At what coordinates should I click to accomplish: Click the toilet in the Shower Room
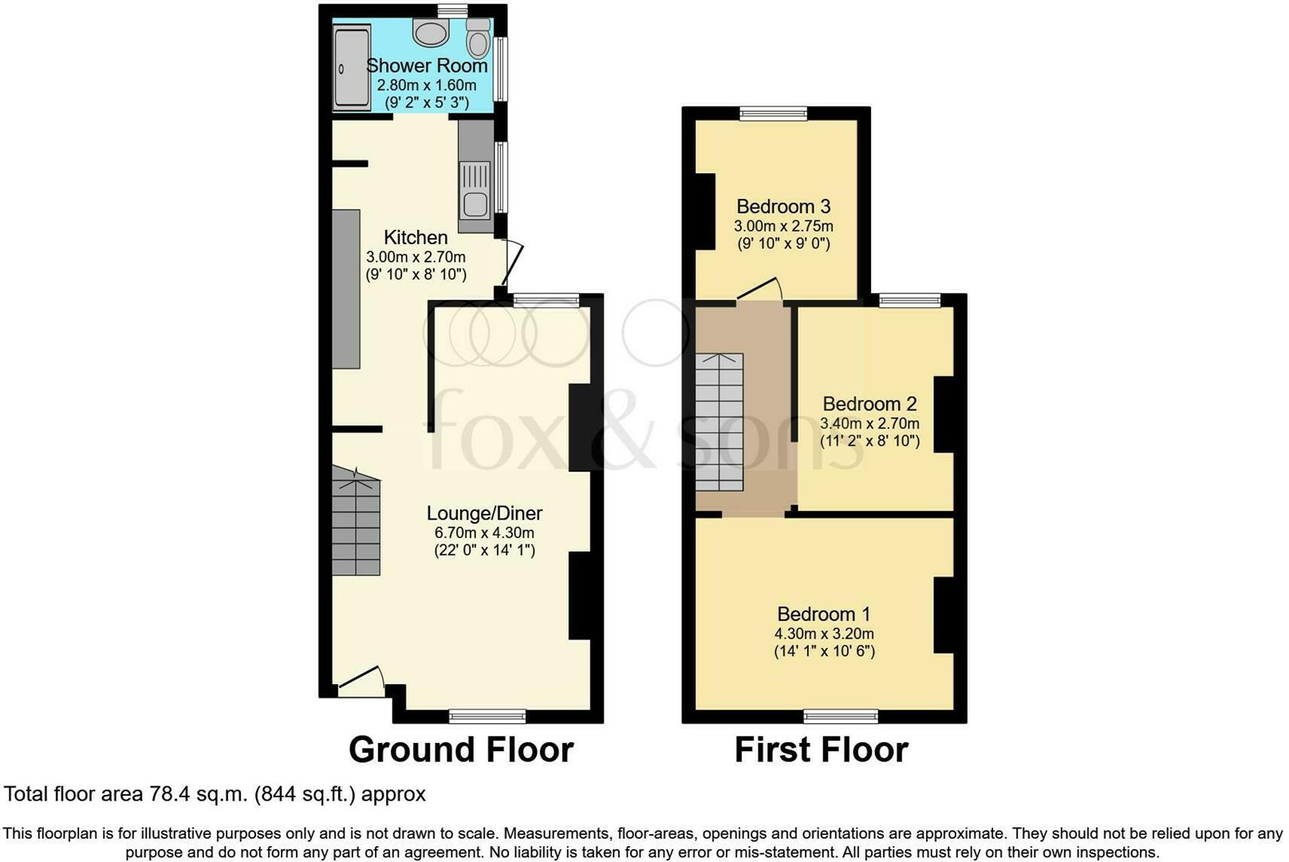tap(478, 38)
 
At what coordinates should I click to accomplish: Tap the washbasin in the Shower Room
tap(431, 32)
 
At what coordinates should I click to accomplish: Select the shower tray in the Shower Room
tap(353, 69)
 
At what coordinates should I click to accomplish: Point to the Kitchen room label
tap(416, 237)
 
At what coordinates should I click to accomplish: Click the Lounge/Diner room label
tap(484, 513)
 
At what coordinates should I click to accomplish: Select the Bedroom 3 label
tap(783, 206)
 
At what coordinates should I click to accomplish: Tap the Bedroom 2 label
tap(869, 404)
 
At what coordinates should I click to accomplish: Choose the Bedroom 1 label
tap(823, 614)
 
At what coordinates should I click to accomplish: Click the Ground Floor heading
tap(461, 749)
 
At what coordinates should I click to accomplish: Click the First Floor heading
tap(821, 749)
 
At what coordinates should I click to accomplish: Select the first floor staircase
tap(719, 422)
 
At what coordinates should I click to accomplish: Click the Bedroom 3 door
tap(759, 289)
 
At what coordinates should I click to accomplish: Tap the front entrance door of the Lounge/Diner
tap(361, 677)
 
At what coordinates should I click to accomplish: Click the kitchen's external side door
tap(512, 263)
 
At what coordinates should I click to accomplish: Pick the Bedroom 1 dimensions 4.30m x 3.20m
tap(824, 634)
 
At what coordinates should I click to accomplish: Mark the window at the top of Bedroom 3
tap(774, 113)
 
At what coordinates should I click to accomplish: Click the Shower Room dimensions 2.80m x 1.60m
tap(427, 85)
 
